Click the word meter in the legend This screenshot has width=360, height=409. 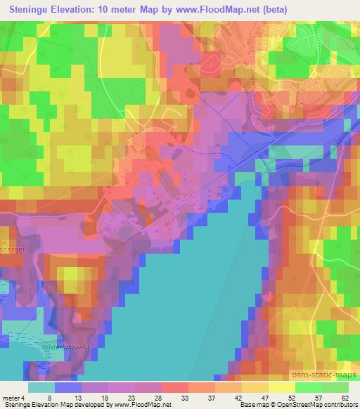(x=11, y=398)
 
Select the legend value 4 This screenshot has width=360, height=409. (x=25, y=398)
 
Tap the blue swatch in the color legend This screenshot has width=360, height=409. (x=67, y=387)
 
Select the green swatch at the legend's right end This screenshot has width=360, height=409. (x=336, y=387)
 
